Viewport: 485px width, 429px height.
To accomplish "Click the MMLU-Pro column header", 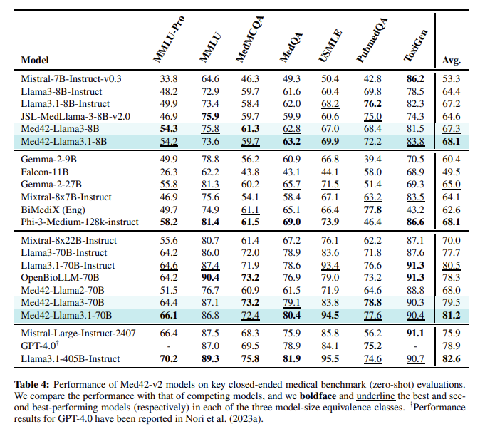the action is pos(169,39).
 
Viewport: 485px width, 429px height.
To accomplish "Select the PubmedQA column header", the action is pos(372,40).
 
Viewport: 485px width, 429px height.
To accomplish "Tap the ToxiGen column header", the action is pos(416,45).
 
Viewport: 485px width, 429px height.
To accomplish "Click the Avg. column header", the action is pos(452,60).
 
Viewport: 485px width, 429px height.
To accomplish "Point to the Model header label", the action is pos(35,60).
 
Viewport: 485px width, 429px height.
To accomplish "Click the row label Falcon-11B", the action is pos(45,172).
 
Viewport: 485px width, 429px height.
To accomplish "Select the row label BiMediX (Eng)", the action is pos(53,210).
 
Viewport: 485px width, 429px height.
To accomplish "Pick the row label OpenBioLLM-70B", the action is pos(60,278).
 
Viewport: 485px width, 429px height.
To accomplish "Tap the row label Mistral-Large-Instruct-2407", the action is pos(78,333).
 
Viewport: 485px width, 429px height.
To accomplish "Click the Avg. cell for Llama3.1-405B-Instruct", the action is pos(452,358).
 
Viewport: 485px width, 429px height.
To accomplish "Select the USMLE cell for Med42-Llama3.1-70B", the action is pos(330,315).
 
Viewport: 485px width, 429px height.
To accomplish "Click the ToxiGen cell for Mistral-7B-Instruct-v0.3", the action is pos(415,78).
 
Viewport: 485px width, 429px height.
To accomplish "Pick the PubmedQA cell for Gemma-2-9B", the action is pos(372,159).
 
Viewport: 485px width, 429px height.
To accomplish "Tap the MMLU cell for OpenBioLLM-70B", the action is pos(210,277).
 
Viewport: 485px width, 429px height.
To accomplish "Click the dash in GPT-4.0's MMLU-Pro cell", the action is pos(169,346).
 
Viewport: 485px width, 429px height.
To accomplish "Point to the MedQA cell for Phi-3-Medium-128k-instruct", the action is pos(292,222).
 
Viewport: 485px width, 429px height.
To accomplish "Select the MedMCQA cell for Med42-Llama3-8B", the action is pos(250,128).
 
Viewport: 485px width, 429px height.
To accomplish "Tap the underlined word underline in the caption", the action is pos(376,396).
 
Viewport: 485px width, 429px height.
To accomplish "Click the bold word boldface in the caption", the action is pos(318,396).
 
